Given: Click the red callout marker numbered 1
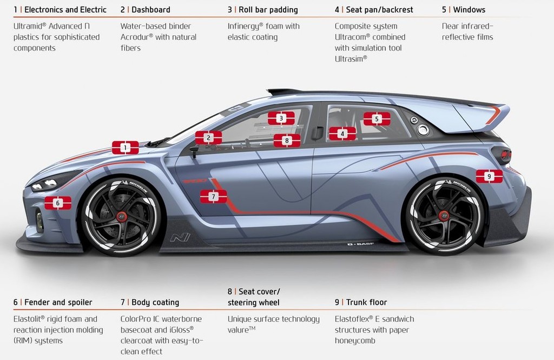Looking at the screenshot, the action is point(126,148).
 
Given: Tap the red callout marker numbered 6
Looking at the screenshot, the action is point(58,203).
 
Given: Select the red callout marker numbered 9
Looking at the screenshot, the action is point(489,176).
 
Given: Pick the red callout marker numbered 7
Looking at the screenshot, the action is point(213,197).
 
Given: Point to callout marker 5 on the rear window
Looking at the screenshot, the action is point(377,119).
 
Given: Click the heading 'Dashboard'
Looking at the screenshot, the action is point(151,10).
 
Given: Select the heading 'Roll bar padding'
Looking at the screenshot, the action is point(268,10).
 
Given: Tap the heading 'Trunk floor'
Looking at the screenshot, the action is point(366,302).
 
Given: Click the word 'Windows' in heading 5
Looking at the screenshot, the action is point(469,10).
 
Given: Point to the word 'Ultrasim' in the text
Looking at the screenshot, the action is point(351,58).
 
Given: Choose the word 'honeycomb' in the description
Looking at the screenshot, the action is point(355,341).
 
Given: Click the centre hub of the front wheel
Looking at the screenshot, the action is point(122,216).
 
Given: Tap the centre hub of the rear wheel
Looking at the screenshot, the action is point(444,216).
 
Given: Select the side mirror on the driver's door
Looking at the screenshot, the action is point(194,151).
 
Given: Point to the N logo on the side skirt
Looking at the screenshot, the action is point(180,237).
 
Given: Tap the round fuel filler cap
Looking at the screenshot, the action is point(423,130).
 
